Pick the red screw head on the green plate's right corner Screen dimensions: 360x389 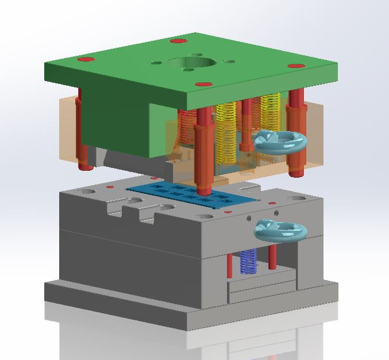click(295, 66)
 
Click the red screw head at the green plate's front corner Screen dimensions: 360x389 click(201, 85)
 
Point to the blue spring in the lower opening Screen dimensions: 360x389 click(248, 262)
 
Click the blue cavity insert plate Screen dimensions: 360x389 click(190, 194)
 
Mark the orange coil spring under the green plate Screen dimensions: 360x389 click(187, 127)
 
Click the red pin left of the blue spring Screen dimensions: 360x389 click(229, 265)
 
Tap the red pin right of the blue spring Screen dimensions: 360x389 click(272, 259)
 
